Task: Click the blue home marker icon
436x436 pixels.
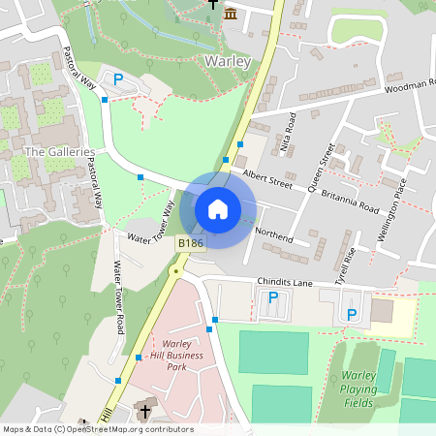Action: (x=218, y=209)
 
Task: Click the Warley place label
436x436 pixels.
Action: (x=228, y=61)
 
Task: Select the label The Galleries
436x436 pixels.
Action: (x=59, y=152)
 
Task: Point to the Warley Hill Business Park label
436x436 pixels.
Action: (x=174, y=356)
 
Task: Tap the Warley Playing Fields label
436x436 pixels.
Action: (x=365, y=387)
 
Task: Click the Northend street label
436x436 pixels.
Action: (x=273, y=234)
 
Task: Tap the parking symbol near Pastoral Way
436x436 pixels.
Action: (x=118, y=80)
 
